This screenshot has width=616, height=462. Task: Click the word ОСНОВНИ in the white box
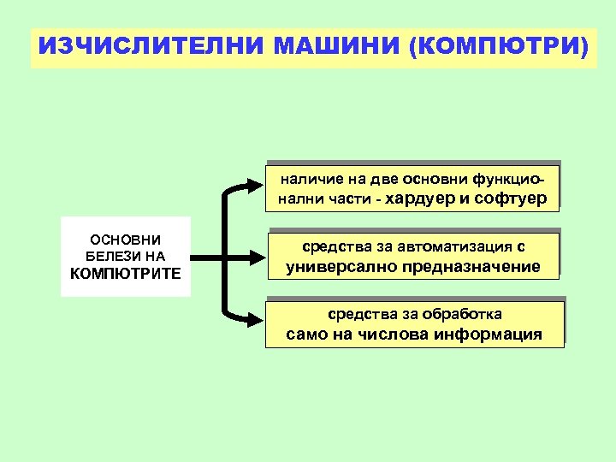125,240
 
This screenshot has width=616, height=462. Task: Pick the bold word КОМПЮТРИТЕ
125,273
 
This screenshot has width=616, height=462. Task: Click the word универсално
334,266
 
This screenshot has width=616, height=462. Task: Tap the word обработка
463,314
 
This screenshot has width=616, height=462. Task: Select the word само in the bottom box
307,334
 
